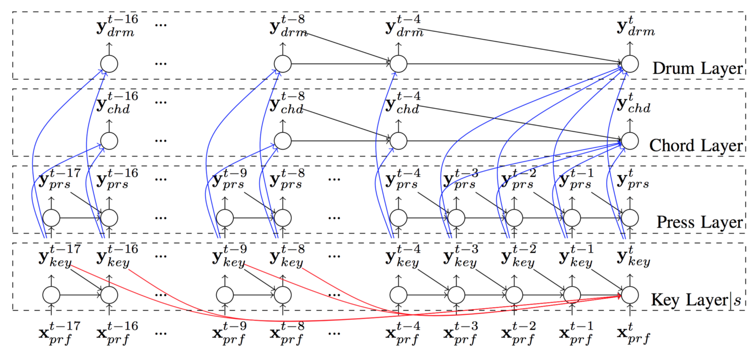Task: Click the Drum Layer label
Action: click(697, 69)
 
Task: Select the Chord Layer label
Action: click(696, 146)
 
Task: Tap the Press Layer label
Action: click(699, 222)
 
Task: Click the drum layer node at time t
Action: click(630, 64)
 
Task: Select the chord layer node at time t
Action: click(630, 141)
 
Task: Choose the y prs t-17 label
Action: click(59, 180)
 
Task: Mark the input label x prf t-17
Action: click(59, 334)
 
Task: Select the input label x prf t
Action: click(633, 334)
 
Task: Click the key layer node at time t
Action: click(630, 295)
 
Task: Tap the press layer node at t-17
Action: click(52, 218)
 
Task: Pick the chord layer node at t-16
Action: click(109, 141)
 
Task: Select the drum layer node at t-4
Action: click(398, 64)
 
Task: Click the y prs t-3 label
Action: click(461, 180)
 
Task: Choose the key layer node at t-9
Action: click(225, 295)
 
